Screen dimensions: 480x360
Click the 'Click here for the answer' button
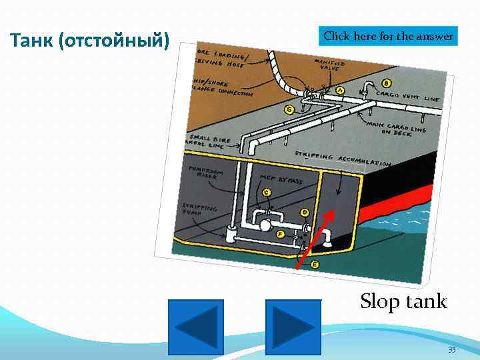tap(389, 36)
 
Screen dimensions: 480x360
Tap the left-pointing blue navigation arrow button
tap(196, 326)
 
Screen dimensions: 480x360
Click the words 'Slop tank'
tap(403, 301)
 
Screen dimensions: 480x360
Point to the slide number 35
tap(451, 350)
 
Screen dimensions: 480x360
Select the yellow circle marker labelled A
tap(340, 89)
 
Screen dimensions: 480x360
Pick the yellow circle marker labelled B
tap(387, 84)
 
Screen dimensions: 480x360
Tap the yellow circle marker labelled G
tap(289, 109)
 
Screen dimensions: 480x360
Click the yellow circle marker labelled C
tap(266, 193)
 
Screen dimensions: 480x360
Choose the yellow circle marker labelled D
tap(305, 213)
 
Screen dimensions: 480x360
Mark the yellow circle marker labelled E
tap(315, 265)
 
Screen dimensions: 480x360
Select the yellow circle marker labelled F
tap(279, 235)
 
